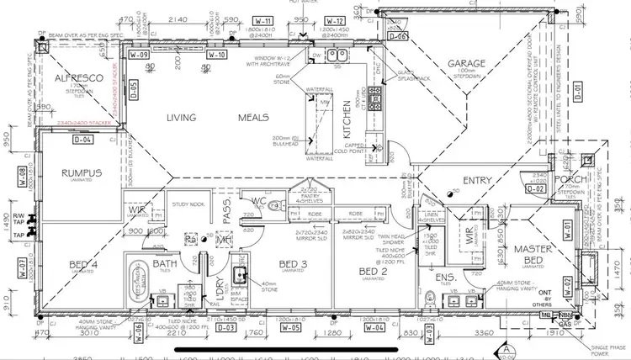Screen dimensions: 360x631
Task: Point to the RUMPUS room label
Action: coord(81,173)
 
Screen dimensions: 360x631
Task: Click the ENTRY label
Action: coord(477,179)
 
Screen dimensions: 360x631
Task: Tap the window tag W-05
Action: coord(291,328)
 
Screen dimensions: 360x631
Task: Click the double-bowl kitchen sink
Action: coord(337,56)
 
